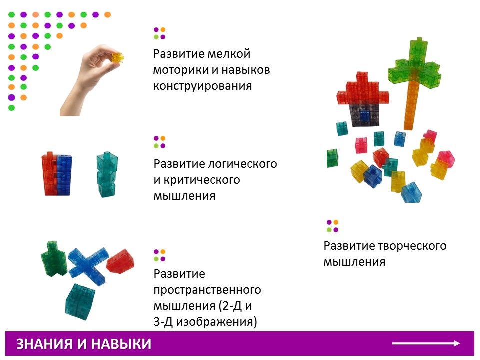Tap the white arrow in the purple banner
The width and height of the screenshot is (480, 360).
pyautogui.click(x=426, y=344)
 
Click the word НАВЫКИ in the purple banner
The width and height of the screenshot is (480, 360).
pyautogui.click(x=121, y=344)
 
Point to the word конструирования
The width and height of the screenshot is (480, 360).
pyautogui.click(x=202, y=86)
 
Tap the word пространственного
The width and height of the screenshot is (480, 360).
pyautogui.click(x=207, y=290)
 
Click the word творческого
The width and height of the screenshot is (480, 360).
pyautogui.click(x=411, y=246)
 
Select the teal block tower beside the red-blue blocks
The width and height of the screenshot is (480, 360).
pyautogui.click(x=107, y=174)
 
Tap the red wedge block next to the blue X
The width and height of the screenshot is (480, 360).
pyautogui.click(x=120, y=261)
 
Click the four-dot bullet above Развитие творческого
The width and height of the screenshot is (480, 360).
pyautogui.click(x=333, y=226)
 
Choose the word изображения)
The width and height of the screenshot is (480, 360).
pyautogui.click(x=216, y=322)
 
